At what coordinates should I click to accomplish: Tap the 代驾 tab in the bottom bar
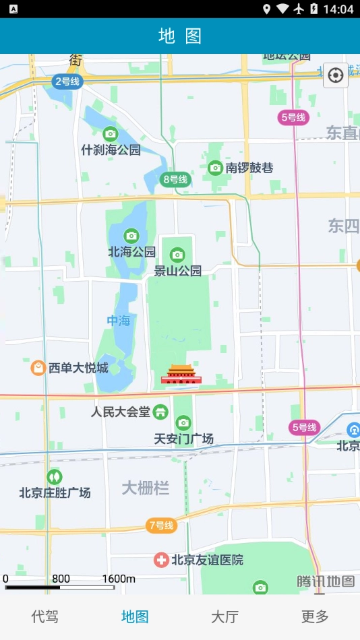pyautogui.click(x=45, y=616)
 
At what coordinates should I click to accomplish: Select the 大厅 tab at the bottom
pyautogui.click(x=224, y=616)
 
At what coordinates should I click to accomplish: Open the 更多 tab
pyautogui.click(x=315, y=616)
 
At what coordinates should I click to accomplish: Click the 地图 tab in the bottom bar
pyautogui.click(x=135, y=616)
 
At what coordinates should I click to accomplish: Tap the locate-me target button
pyautogui.click(x=335, y=75)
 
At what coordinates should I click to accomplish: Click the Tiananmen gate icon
pyautogui.click(x=181, y=375)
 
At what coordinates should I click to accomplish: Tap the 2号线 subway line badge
pyautogui.click(x=67, y=82)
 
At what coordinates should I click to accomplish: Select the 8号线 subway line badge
pyautogui.click(x=175, y=179)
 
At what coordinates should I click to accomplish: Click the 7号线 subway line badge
pyautogui.click(x=161, y=525)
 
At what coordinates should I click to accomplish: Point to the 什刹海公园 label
pyautogui.click(x=111, y=150)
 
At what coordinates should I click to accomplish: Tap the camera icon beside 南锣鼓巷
pyautogui.click(x=215, y=168)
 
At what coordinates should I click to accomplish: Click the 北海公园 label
pyautogui.click(x=132, y=252)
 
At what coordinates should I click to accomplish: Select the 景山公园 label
pyautogui.click(x=178, y=271)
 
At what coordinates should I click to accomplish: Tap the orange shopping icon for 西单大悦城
pyautogui.click(x=38, y=368)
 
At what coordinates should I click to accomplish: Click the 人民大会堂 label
pyautogui.click(x=121, y=412)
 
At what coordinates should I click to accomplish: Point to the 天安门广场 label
pyautogui.click(x=183, y=439)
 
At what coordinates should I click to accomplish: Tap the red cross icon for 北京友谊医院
pyautogui.click(x=161, y=560)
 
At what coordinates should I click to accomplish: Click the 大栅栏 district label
pyautogui.click(x=145, y=488)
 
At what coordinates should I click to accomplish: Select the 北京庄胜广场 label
pyautogui.click(x=55, y=492)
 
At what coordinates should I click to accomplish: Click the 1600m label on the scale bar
pyautogui.click(x=119, y=579)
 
